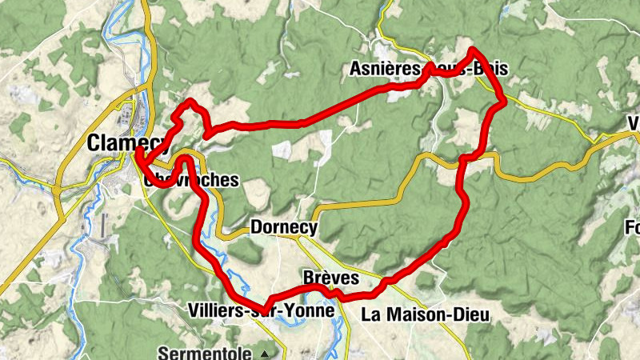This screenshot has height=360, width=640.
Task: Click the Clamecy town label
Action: point(126,142)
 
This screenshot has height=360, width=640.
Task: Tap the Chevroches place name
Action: point(192,180)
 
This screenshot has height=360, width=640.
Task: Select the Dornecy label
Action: point(284,228)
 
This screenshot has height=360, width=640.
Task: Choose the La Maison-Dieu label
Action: point(425,315)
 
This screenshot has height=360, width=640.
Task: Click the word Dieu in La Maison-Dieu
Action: point(469,315)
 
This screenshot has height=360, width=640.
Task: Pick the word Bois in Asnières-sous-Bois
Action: point(490,70)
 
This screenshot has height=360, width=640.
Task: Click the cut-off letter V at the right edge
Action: point(634,124)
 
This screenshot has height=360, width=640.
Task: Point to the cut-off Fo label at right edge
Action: point(632,228)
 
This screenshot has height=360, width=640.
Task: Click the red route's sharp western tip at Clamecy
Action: point(138,150)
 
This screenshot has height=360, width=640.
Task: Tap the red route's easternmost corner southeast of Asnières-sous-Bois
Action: point(503,101)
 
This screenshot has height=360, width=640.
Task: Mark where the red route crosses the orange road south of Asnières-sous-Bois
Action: point(464,159)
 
